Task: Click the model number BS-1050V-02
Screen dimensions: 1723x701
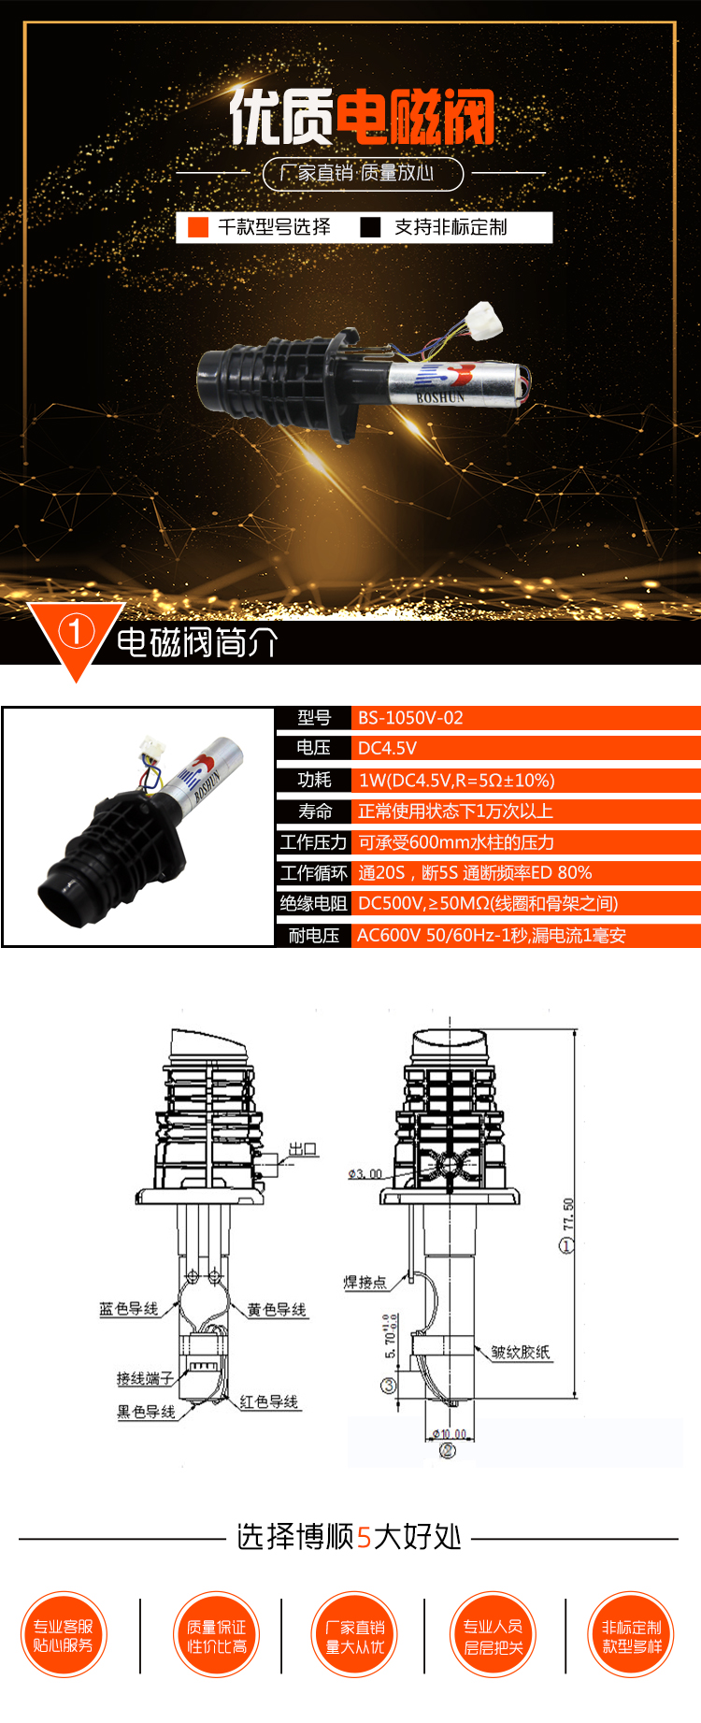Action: (x=410, y=718)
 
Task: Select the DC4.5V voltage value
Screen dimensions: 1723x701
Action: (x=387, y=748)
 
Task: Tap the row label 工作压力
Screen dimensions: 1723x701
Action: (x=313, y=842)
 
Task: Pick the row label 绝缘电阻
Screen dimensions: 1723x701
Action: (x=313, y=903)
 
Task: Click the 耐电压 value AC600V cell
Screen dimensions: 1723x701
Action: (x=491, y=935)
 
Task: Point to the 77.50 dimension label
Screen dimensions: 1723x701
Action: (x=568, y=1215)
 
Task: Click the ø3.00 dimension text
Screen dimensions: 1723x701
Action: (x=365, y=1173)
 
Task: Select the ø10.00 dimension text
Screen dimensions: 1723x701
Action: (x=449, y=1433)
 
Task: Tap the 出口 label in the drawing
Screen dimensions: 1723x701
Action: (x=302, y=1149)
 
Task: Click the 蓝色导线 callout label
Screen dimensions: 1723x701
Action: (x=129, y=1309)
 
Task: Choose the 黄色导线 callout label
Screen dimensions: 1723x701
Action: (x=277, y=1310)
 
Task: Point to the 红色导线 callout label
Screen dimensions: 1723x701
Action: (x=269, y=1401)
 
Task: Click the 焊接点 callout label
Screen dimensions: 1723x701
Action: (x=365, y=1282)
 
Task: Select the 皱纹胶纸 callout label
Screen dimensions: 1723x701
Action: (x=521, y=1352)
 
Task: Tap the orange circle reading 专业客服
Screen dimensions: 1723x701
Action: (x=64, y=1635)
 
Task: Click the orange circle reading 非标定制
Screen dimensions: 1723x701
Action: (x=632, y=1635)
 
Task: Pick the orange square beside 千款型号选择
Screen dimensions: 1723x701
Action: (x=198, y=227)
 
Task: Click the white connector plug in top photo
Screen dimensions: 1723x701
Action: (x=485, y=320)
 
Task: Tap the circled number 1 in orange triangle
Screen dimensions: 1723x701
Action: (x=76, y=631)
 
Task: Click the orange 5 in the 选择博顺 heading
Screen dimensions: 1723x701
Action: (x=365, y=1537)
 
